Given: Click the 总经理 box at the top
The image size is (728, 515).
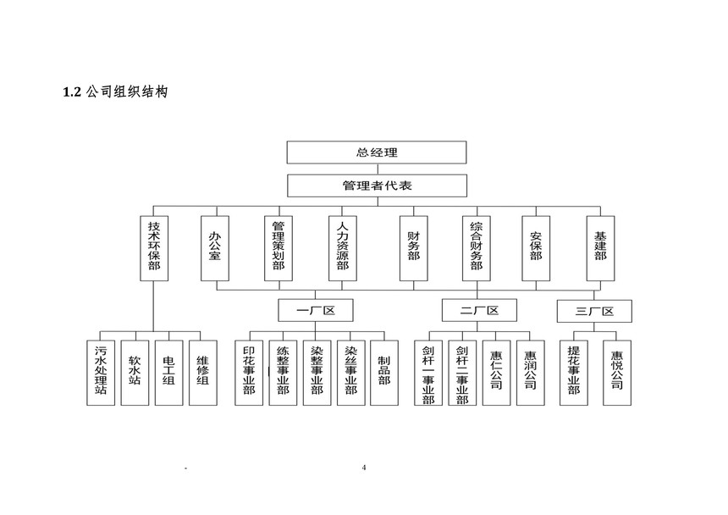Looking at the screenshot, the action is pos(377,152).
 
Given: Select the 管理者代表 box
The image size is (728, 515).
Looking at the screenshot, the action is pos(377,186).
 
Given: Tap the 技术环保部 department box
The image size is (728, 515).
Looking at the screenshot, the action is pos(154,248).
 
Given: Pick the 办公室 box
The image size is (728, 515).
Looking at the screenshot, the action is pos(215,248).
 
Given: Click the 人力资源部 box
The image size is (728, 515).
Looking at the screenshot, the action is pos(343,248).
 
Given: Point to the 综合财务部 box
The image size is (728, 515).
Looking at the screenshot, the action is pos(477,248).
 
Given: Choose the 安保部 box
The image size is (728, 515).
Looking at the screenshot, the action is pos(536,248).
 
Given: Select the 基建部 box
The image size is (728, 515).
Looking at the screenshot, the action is pos(600,248).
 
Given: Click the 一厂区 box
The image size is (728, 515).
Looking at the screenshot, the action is pos(316,310).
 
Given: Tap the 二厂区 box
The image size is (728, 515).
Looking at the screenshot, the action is pos(479,310).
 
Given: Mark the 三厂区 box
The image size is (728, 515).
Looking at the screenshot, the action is pos(594,311).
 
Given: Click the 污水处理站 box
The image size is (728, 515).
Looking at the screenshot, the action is pos(101,373).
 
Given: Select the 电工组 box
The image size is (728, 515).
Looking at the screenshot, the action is pos(169,373).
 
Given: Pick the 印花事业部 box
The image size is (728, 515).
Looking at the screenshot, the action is pos(249,373).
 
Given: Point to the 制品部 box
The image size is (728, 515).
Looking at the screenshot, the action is pos(384,373).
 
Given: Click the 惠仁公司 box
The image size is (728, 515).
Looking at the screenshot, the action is pos(496,373).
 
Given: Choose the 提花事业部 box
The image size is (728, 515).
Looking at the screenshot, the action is pos(574,373).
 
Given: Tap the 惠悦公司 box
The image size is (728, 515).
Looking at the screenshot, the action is pos(617,373).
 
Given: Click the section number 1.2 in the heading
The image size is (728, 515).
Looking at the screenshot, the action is pos(72,92).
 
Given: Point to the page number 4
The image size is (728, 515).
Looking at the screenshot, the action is pos(364,468).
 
